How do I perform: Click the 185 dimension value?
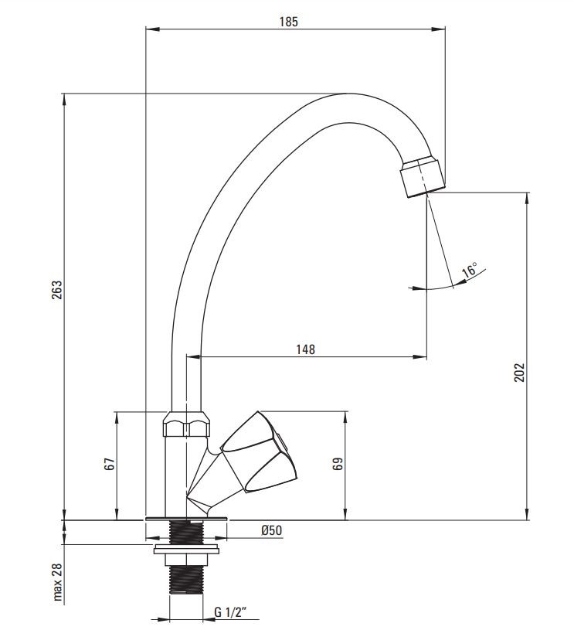click(x=288, y=22)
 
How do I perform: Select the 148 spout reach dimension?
click(x=305, y=349)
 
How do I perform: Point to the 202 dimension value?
click(x=519, y=372)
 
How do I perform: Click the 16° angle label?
click(x=470, y=270)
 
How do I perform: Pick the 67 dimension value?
click(x=110, y=464)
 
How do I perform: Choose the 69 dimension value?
click(x=338, y=464)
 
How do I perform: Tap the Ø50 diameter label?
click(x=272, y=530)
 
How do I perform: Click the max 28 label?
click(x=58, y=582)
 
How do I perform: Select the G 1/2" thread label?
click(x=230, y=611)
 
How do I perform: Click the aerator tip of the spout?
click(x=423, y=178)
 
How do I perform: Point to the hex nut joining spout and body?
click(x=187, y=425)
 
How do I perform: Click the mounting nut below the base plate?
click(x=186, y=557)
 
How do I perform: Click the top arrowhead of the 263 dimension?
click(x=64, y=100)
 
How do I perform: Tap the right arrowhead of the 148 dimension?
click(x=420, y=357)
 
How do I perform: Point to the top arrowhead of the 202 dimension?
click(x=528, y=199)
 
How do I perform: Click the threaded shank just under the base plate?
click(x=186, y=533)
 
